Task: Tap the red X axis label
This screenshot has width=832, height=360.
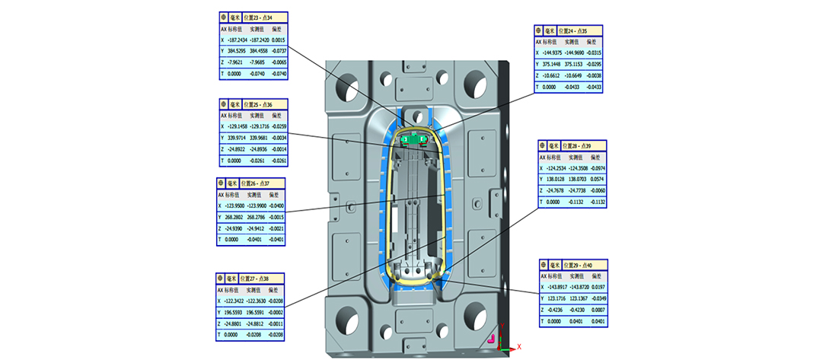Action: click(x=519, y=346)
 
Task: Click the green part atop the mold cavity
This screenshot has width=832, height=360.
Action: click(x=414, y=139)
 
